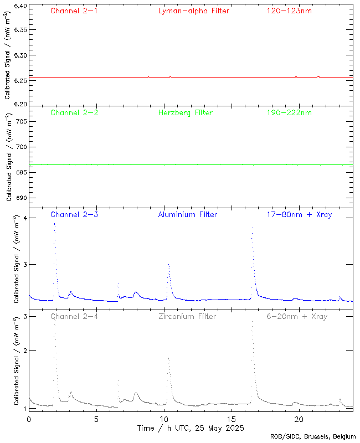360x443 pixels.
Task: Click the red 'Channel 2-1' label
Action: [74, 11]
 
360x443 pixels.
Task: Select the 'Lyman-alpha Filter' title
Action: [193, 11]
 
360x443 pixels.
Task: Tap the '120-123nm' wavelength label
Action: [289, 11]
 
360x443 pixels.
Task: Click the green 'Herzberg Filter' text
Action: [186, 112]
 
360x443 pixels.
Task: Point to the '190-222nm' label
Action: [289, 112]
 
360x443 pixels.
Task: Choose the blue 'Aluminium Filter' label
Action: [187, 214]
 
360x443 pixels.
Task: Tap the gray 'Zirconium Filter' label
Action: [187, 316]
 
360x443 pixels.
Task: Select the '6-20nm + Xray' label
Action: [297, 316]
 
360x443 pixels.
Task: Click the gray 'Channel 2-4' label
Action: [74, 316]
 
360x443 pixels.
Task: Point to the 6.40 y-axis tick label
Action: [19, 7]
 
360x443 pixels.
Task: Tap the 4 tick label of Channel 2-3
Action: [25, 218]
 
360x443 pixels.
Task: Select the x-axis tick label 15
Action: [232, 419]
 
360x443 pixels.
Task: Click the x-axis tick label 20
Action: [299, 419]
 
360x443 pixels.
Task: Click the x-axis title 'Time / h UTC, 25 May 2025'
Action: [191, 428]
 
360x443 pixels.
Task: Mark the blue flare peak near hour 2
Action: [54, 223]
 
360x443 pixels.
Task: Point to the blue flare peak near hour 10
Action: [168, 265]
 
